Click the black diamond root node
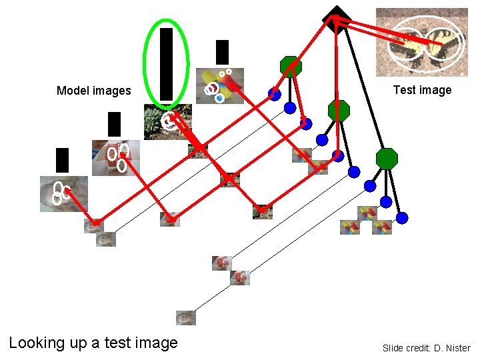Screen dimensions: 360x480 coord(337,19)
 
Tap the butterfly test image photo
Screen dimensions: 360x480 coord(422,42)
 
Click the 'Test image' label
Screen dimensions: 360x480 coord(422,90)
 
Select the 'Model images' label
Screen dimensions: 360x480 coord(94,91)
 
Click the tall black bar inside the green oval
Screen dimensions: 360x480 coord(166,63)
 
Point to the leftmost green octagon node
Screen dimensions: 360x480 coord(291,66)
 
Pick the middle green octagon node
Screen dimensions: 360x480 coord(339,111)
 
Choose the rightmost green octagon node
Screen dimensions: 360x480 coord(387,159)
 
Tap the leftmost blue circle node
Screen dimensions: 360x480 coord(274,95)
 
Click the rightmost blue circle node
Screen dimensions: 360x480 coord(402,217)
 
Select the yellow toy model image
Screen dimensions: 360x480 coord(223,85)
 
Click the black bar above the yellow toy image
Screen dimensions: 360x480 coord(223,52)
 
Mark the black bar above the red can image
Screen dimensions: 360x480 coord(114,125)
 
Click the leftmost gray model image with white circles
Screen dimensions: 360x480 coord(63,193)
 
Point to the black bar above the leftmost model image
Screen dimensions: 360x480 coord(62,160)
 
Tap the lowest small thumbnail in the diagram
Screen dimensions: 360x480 coord(186,317)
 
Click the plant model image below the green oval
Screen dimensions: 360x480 coord(167,122)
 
